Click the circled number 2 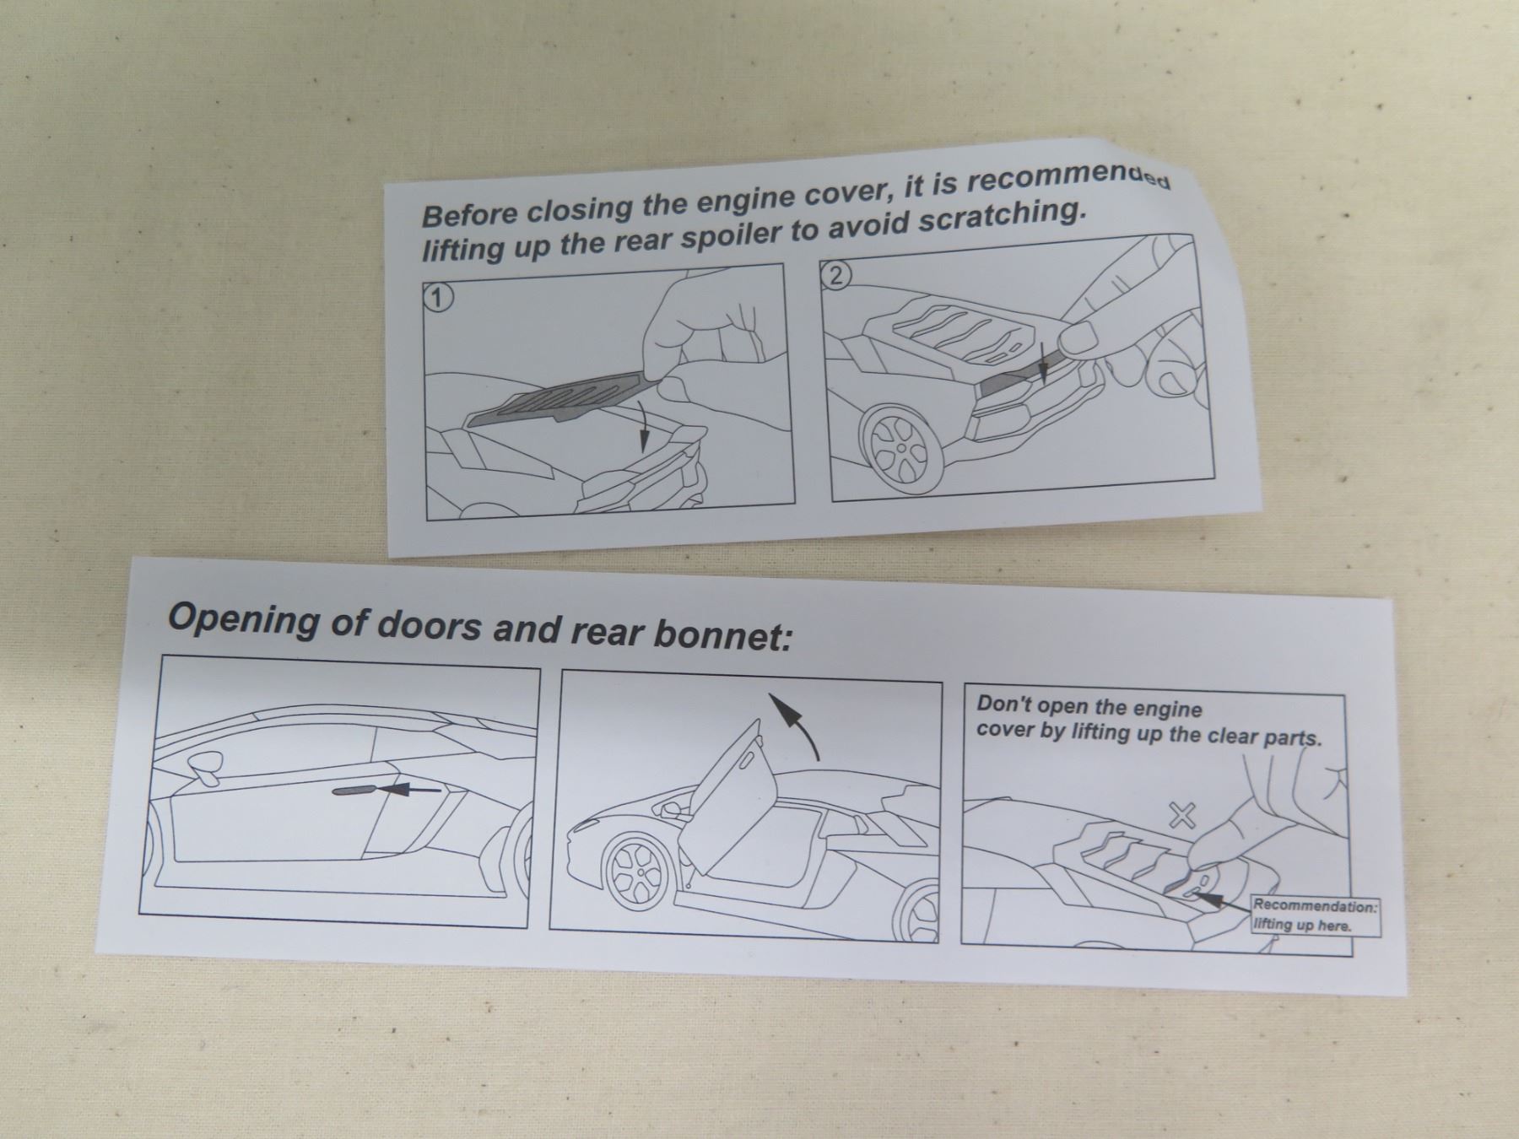pos(835,276)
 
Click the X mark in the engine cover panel pos(1183,814)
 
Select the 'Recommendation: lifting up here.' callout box pos(1315,915)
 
